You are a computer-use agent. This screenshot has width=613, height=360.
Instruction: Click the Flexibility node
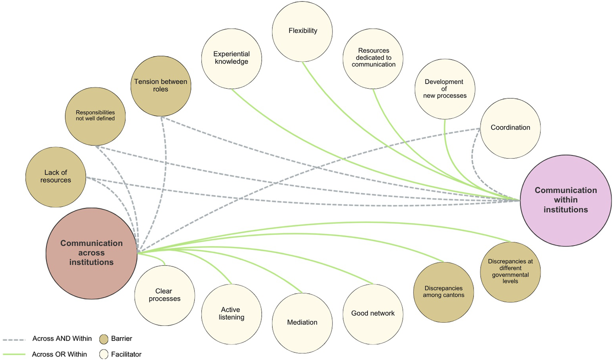302,32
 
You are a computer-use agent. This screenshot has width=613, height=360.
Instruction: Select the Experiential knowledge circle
231,59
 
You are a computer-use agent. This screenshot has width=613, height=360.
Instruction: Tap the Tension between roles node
161,86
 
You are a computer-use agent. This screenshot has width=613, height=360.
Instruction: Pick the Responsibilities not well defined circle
95,116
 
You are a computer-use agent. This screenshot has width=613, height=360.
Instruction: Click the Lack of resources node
56,177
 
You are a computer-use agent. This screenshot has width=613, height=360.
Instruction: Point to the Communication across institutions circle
91,253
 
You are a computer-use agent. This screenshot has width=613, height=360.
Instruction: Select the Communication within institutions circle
565,200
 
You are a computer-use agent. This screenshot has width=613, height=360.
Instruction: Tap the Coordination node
510,128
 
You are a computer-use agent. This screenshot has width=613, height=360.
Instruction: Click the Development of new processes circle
444,89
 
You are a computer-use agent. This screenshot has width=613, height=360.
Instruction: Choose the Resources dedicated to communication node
373,59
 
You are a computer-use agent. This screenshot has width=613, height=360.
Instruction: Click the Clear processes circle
164,295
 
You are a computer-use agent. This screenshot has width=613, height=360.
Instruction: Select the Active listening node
231,314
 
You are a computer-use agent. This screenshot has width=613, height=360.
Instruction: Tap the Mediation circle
302,323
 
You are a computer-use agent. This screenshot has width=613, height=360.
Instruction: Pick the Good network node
373,314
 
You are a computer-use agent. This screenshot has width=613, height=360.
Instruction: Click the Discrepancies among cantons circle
443,292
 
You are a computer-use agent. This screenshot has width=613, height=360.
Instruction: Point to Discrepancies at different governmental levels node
510,272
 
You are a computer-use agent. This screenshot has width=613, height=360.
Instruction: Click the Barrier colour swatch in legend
104,339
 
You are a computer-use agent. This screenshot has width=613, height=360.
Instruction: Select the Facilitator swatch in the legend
104,354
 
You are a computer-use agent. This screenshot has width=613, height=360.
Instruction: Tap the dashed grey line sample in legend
14,340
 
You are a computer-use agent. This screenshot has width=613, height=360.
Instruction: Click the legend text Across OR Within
59,354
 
